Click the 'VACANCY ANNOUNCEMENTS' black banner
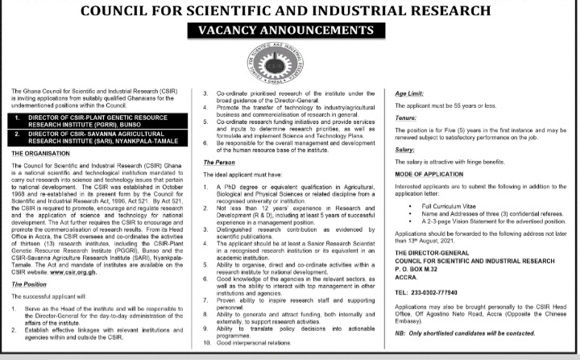click(289, 31)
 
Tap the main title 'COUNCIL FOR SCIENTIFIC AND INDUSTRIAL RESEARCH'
click(290, 10)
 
